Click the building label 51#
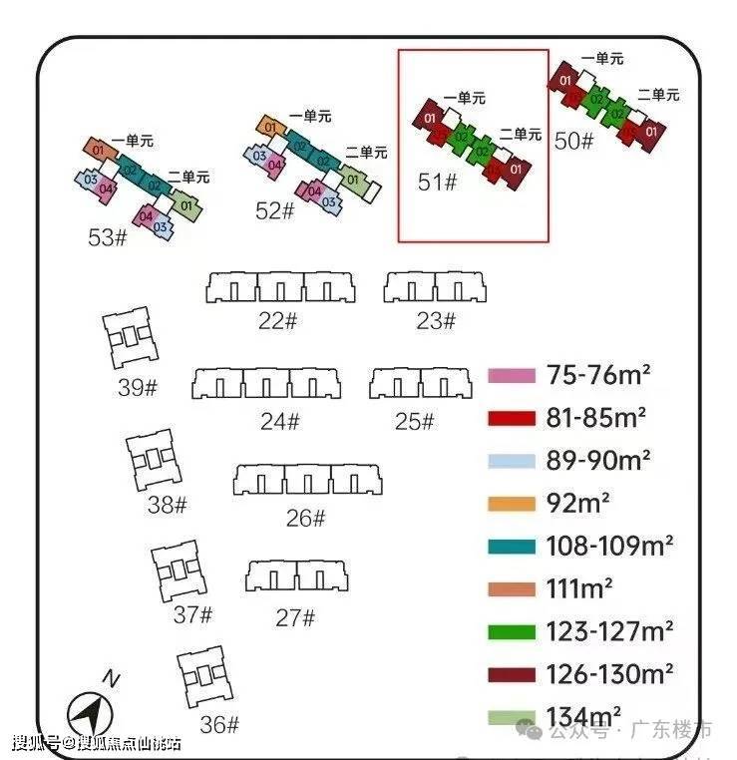[x=437, y=183]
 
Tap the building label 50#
[x=573, y=141]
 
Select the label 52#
[x=275, y=210]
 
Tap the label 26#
[x=305, y=518]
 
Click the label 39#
[x=138, y=387]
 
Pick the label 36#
[x=219, y=724]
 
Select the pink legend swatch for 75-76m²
[x=511, y=376]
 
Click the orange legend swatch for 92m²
[x=511, y=504]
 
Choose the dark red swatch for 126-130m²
[x=511, y=674]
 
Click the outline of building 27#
[x=296, y=576]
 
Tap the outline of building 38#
[x=153, y=460]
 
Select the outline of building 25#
[x=419, y=384]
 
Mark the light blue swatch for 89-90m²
[x=511, y=461]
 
